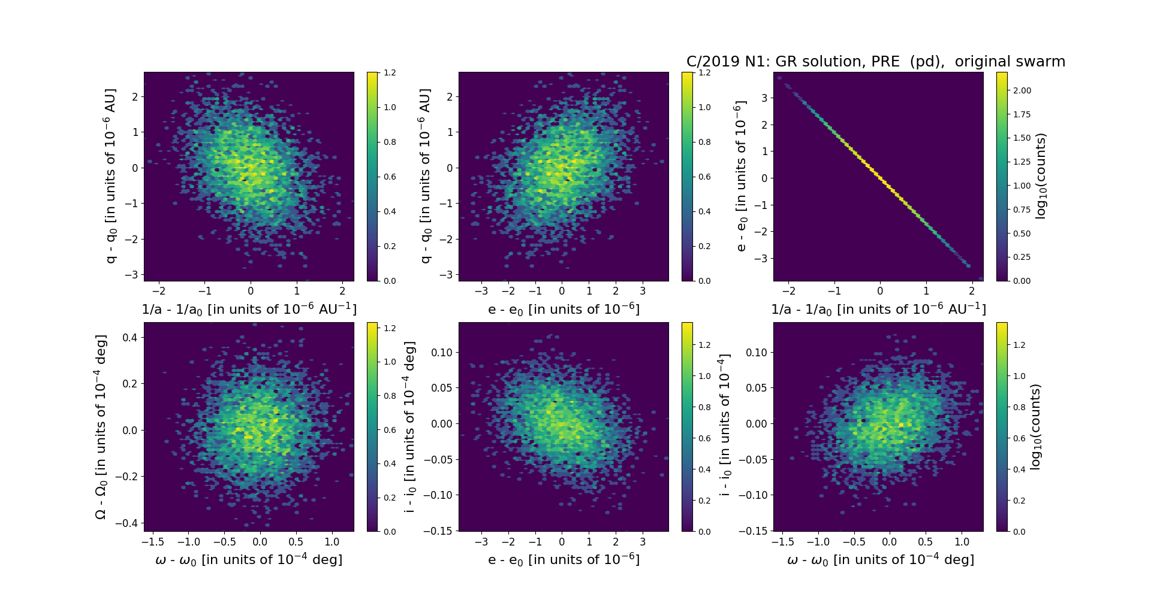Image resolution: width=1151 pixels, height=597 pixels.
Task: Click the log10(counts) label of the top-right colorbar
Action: pyautogui.click(x=1041, y=176)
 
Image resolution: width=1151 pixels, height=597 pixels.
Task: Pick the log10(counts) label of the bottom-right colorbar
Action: pyautogui.click(x=1035, y=427)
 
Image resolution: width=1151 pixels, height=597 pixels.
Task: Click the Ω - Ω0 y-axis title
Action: pyautogui.click(x=101, y=427)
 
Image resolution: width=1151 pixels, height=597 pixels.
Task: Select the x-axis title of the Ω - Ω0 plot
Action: pyautogui.click(x=249, y=560)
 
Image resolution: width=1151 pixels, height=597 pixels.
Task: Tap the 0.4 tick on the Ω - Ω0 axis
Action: pyautogui.click(x=129, y=338)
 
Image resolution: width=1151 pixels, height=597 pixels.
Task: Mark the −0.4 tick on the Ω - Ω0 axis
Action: pyautogui.click(x=126, y=523)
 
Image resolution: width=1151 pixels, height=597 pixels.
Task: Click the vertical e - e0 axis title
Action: pyautogui.click(x=742, y=176)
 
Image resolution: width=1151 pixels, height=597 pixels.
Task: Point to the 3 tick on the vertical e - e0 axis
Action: pyautogui.click(x=764, y=98)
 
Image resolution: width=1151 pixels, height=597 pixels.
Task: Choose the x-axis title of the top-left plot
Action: pyautogui.click(x=249, y=310)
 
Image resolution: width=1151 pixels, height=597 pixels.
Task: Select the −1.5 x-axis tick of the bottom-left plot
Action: pyautogui.click(x=153, y=542)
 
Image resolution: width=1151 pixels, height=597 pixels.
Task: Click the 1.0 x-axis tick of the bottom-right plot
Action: pyautogui.click(x=962, y=542)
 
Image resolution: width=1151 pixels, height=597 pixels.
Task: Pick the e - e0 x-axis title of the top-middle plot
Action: pyautogui.click(x=564, y=310)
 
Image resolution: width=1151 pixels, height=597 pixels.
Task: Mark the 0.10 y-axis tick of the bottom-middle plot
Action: pyautogui.click(x=442, y=353)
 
